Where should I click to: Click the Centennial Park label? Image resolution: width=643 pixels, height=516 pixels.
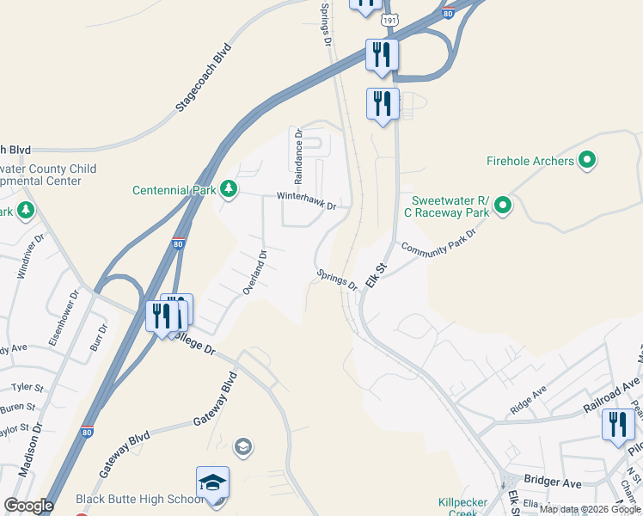click(173, 189)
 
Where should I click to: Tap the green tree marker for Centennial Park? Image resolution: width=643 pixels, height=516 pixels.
click(228, 188)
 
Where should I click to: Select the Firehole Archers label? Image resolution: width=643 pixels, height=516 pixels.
click(530, 161)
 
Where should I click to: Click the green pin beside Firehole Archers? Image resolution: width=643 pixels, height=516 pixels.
click(588, 160)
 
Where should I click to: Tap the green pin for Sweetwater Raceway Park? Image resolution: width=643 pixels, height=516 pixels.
click(503, 206)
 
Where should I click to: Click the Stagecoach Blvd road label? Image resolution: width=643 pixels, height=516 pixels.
click(204, 77)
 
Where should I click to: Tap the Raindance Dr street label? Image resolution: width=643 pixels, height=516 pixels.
click(299, 157)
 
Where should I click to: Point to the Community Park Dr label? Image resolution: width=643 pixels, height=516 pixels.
click(438, 243)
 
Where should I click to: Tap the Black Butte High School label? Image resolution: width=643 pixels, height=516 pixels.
click(139, 499)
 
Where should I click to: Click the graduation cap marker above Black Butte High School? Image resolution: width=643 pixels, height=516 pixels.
click(212, 484)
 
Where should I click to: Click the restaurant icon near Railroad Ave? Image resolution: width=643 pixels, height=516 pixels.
click(618, 426)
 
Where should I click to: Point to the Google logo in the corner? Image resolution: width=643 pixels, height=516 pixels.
click(28, 506)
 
